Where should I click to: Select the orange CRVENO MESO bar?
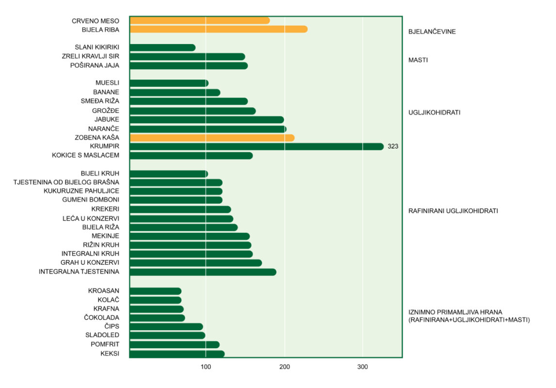[x=200, y=20]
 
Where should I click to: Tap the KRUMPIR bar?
[x=257, y=146]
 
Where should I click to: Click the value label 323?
[x=393, y=146]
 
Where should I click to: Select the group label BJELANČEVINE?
[x=432, y=32]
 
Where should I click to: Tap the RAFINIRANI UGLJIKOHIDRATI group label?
[x=453, y=211]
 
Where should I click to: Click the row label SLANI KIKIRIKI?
[x=97, y=48]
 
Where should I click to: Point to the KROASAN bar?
[x=156, y=291]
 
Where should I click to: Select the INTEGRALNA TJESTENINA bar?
[x=203, y=272]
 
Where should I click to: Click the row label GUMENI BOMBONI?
[x=91, y=200]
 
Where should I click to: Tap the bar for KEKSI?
[x=177, y=354]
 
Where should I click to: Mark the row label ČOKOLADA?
[x=102, y=318]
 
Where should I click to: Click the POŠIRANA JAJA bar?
[x=189, y=65]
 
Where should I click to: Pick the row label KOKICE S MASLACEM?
[x=85, y=155]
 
